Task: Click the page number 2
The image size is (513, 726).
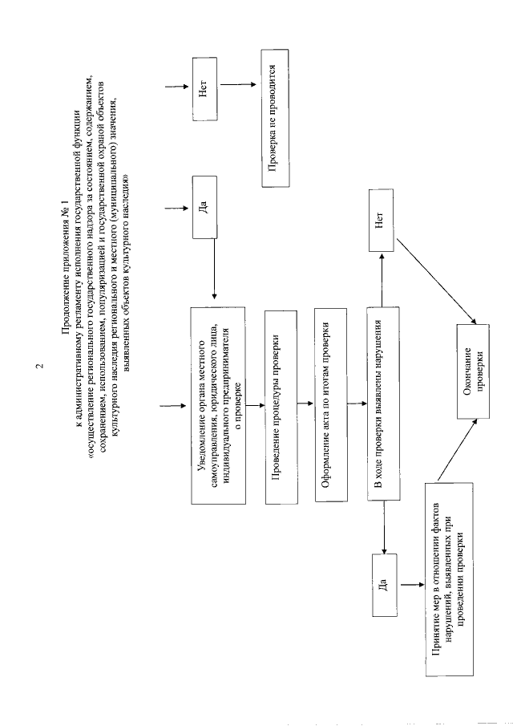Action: click(x=40, y=368)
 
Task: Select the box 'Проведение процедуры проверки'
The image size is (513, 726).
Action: click(x=277, y=404)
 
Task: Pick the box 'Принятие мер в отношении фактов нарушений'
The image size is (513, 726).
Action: click(x=450, y=581)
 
